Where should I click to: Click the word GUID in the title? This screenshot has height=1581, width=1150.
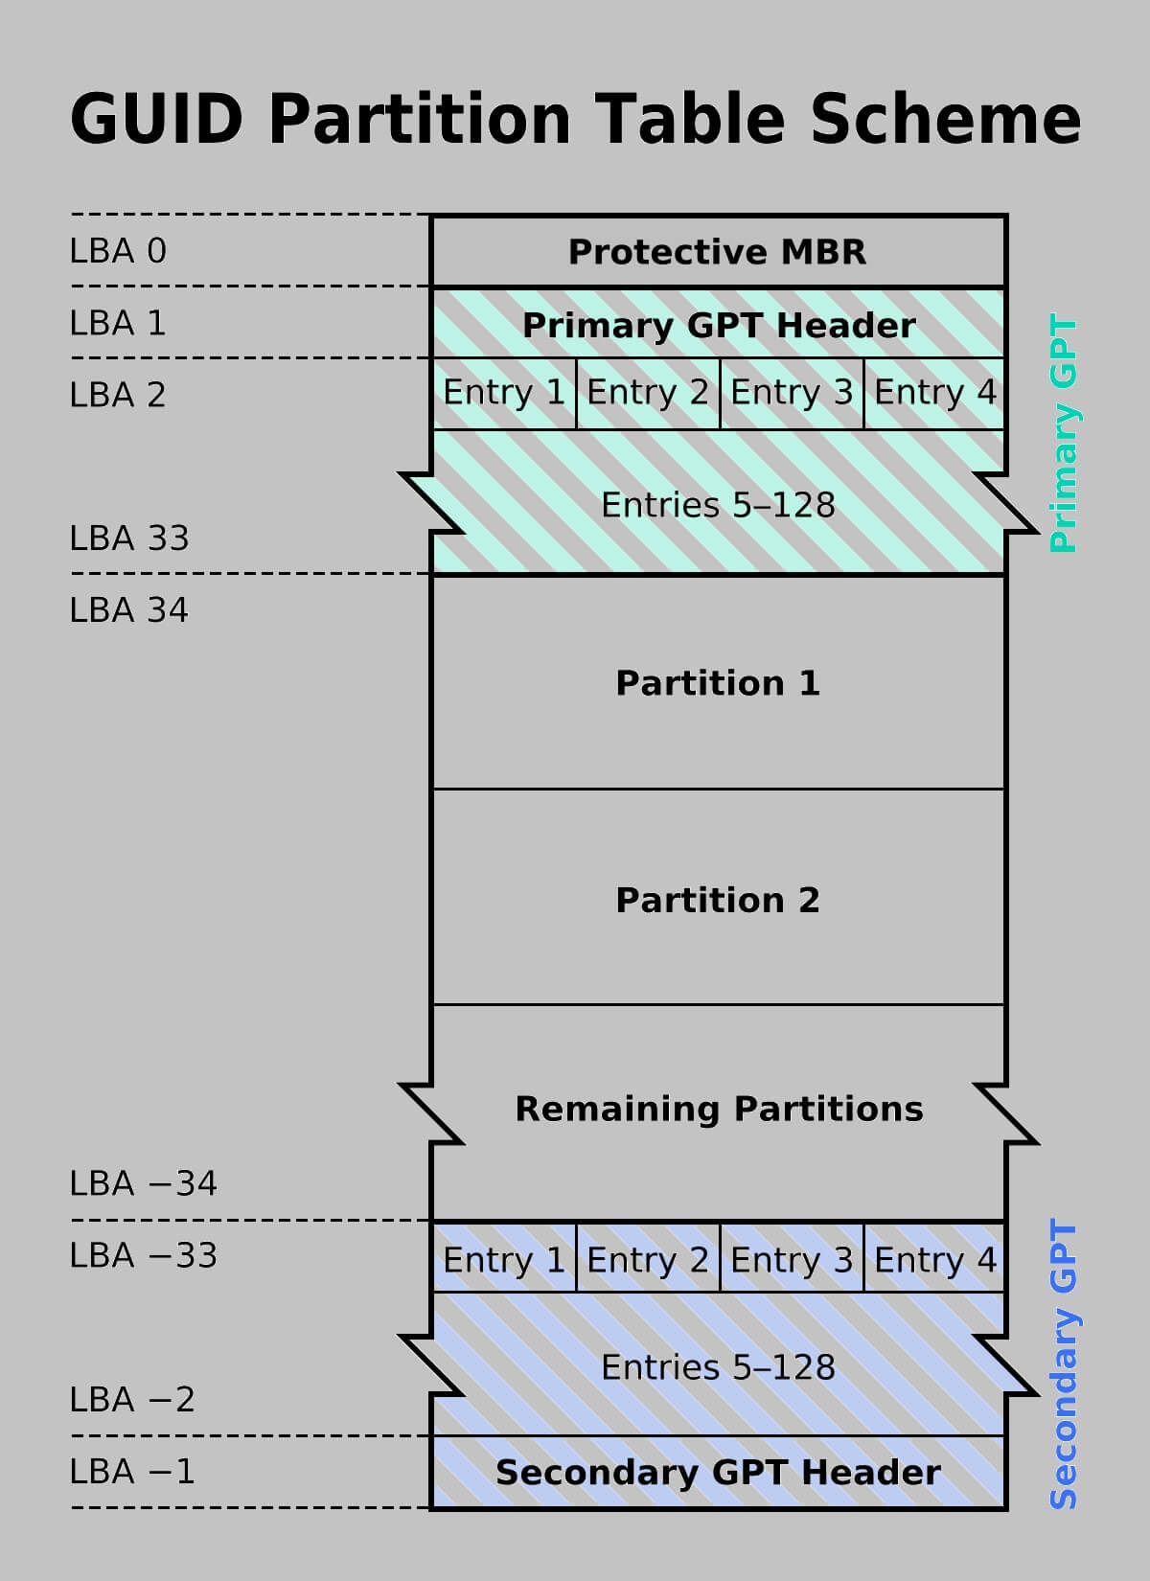157,119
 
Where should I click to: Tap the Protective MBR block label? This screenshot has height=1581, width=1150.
717,252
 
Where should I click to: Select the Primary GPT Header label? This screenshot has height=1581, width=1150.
719,326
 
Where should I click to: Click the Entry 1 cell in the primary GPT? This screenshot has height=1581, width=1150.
504,393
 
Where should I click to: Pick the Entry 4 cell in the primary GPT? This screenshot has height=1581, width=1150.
934,393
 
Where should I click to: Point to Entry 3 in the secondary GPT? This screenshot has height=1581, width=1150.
792,1260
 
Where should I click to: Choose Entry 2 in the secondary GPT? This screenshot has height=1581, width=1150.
648,1260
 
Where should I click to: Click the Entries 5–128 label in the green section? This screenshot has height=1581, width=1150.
718,505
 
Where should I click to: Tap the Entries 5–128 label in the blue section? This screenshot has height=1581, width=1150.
718,1368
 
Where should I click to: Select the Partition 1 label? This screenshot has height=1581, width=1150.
718,683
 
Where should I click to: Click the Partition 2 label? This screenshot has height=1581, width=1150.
718,900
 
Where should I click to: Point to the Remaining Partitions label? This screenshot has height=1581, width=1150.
720,1109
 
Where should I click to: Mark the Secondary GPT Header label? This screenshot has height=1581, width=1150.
718,1473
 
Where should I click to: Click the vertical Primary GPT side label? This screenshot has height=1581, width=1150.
1063,433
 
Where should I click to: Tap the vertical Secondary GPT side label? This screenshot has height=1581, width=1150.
1063,1363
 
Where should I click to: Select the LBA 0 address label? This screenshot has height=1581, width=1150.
118,251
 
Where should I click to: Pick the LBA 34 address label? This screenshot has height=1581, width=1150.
129,610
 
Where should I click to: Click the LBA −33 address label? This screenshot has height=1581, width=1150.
144,1255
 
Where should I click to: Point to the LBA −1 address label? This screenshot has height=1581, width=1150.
132,1472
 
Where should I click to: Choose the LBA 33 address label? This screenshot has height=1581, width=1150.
129,538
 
